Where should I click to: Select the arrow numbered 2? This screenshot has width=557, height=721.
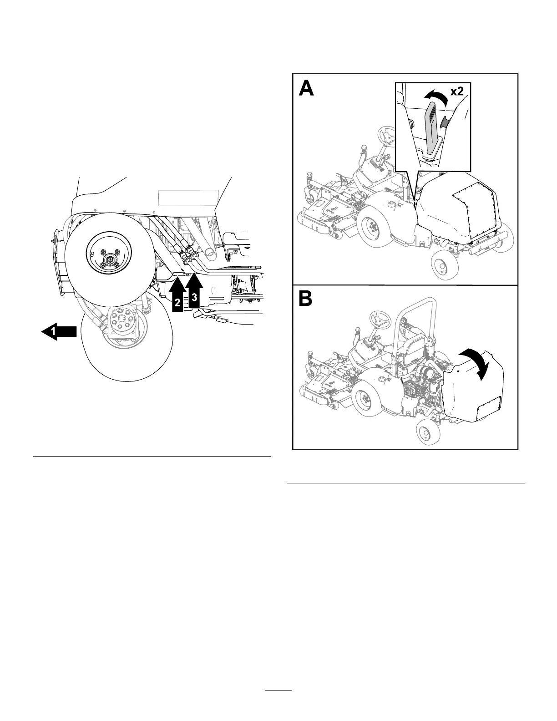pyautogui.click(x=177, y=297)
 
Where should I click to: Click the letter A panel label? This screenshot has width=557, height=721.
pyautogui.click(x=306, y=88)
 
